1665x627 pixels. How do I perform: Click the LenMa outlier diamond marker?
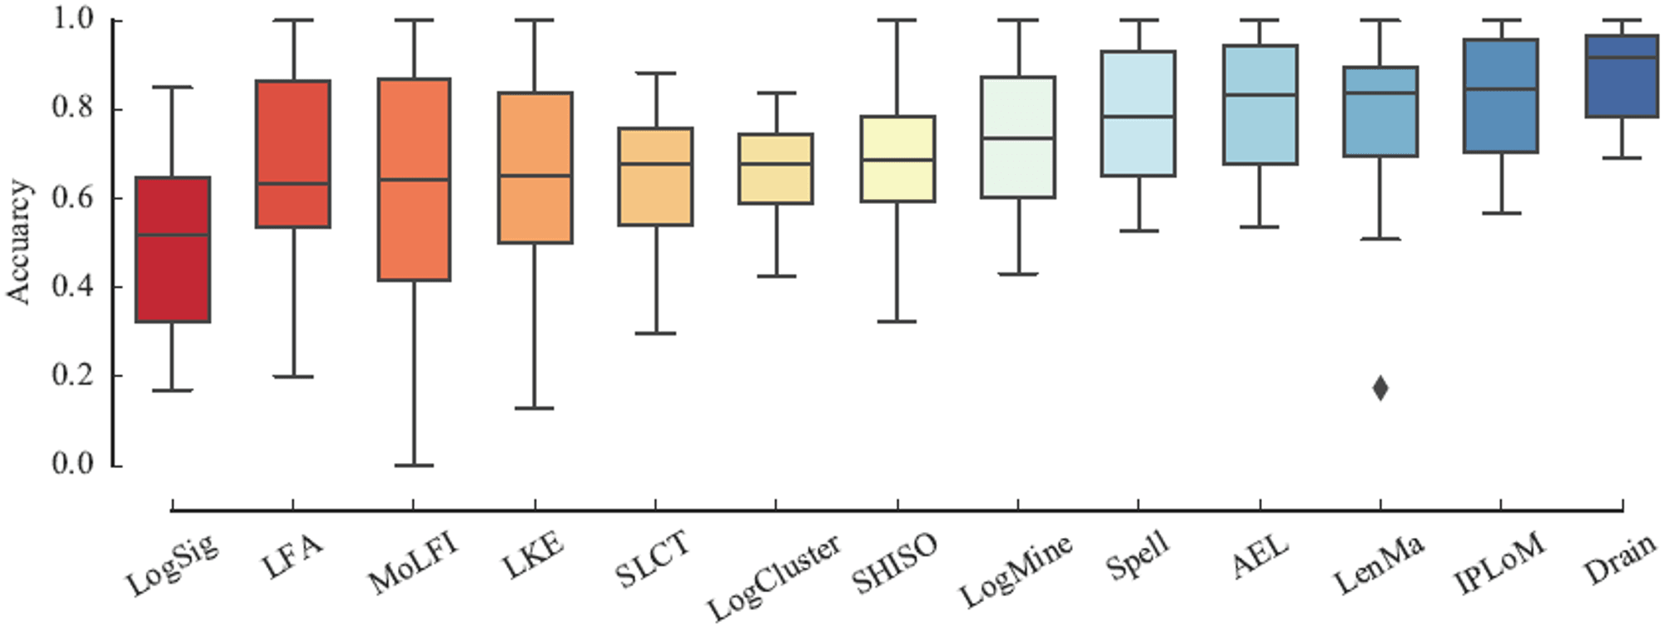coord(1380,388)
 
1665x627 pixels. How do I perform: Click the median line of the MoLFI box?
coord(414,179)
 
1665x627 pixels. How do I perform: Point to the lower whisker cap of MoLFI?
coord(414,465)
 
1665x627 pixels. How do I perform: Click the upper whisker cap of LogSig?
coord(172,87)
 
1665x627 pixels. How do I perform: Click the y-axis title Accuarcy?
coord(18,241)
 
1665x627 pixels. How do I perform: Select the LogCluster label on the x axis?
coord(774,576)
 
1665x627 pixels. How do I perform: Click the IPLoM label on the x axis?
coord(1500,563)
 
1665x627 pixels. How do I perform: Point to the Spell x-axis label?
coord(1138,555)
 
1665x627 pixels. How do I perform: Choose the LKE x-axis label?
coord(534,556)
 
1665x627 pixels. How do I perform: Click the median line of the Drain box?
coord(1622,57)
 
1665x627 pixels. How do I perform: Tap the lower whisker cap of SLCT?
coord(655,333)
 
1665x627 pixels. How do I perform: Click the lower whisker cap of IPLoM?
coord(1501,213)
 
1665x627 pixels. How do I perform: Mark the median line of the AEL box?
coord(1260,95)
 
